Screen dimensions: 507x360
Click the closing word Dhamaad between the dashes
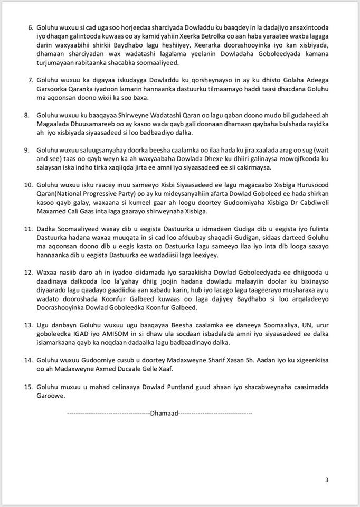[x=164, y=412]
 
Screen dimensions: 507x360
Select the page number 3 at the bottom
[x=327, y=480]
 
